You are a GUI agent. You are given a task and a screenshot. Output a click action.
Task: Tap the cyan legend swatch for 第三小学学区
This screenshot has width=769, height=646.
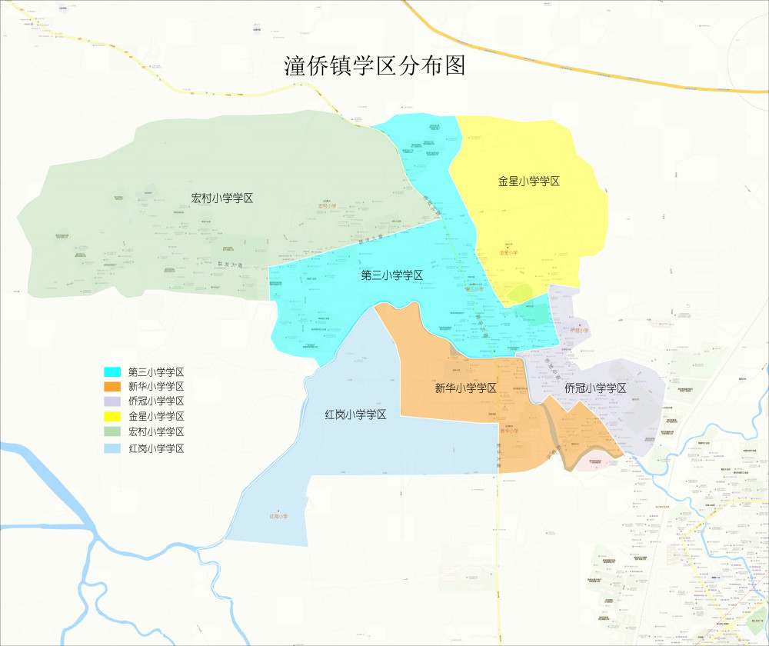tap(112, 371)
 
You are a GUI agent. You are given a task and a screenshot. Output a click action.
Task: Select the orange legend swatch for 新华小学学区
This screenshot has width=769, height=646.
tap(112, 386)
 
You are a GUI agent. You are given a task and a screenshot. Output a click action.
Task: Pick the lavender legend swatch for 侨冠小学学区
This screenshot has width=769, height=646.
tap(112, 401)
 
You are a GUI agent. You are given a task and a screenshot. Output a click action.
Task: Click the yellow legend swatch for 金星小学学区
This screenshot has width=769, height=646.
tap(112, 417)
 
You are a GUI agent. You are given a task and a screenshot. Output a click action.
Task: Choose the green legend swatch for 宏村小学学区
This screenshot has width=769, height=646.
tap(112, 432)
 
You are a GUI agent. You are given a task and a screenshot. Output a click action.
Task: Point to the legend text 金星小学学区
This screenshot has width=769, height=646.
tap(156, 417)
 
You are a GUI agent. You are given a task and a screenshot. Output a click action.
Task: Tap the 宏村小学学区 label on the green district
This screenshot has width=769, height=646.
tap(222, 198)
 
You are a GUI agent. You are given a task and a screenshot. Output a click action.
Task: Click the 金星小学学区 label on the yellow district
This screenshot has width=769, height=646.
tap(528, 181)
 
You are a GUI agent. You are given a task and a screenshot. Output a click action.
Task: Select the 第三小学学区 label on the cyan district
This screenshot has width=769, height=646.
tap(392, 275)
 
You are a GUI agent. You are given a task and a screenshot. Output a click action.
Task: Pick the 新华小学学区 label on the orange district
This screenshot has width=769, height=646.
tap(465, 388)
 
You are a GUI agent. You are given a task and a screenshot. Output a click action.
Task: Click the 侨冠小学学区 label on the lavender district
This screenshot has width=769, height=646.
tap(596, 388)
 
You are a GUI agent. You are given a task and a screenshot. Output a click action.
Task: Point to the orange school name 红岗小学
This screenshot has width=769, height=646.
tap(278, 516)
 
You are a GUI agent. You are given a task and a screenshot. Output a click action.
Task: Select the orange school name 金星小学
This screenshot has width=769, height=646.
tap(509, 252)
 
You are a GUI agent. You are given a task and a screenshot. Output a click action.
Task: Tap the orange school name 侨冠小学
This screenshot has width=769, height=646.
tap(579, 331)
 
